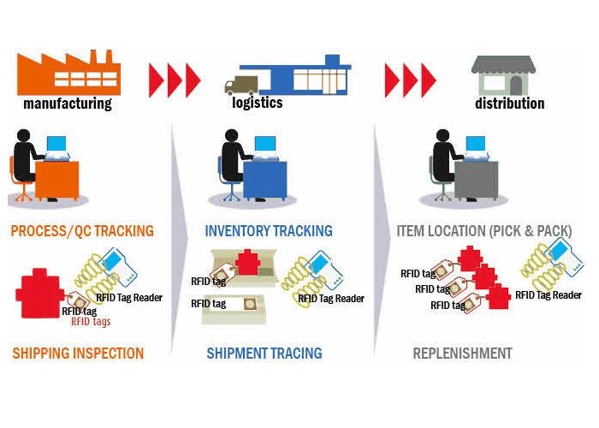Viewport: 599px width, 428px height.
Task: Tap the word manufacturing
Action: click(x=68, y=104)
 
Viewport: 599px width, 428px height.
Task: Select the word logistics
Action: click(x=257, y=104)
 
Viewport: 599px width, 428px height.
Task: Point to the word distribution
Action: click(x=510, y=104)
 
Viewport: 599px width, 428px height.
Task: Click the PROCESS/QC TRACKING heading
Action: click(x=82, y=231)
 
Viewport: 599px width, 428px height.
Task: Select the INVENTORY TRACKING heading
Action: click(x=269, y=231)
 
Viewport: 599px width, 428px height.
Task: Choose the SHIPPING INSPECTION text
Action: click(x=78, y=353)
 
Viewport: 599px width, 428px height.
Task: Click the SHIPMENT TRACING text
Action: click(x=264, y=353)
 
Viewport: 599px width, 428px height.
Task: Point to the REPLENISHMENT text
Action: click(x=462, y=353)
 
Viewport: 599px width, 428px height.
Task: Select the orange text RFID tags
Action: click(x=90, y=322)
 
